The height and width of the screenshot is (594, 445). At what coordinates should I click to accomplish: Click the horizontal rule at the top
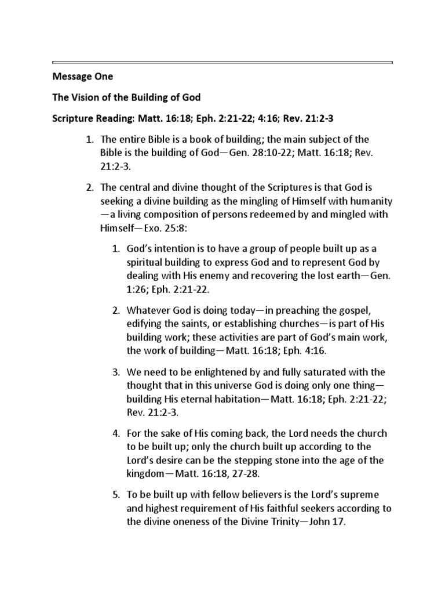tap(222, 62)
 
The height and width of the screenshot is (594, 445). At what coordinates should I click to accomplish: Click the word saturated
tap(326, 372)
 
